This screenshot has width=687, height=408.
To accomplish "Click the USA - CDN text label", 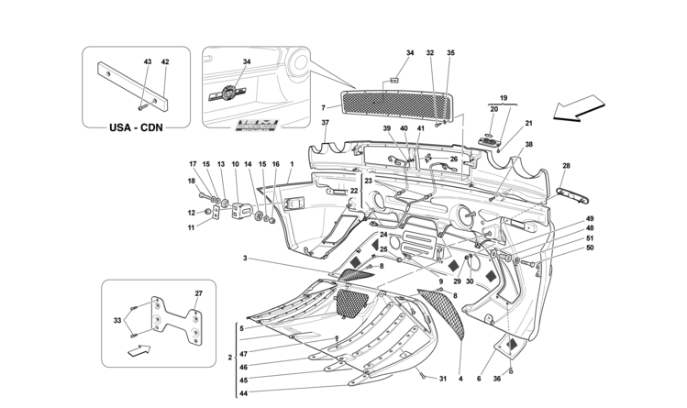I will [136, 127].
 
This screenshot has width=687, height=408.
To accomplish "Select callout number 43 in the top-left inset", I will [148, 61].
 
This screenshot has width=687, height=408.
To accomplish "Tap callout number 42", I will [165, 61].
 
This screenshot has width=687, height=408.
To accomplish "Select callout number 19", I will [503, 96].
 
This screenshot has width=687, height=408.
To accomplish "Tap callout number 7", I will [324, 107].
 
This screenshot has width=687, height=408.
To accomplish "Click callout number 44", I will [243, 393].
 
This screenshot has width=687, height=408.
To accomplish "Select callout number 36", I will [497, 380].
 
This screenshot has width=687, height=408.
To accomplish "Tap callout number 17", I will [194, 164].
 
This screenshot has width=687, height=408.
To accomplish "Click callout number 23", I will [367, 181].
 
